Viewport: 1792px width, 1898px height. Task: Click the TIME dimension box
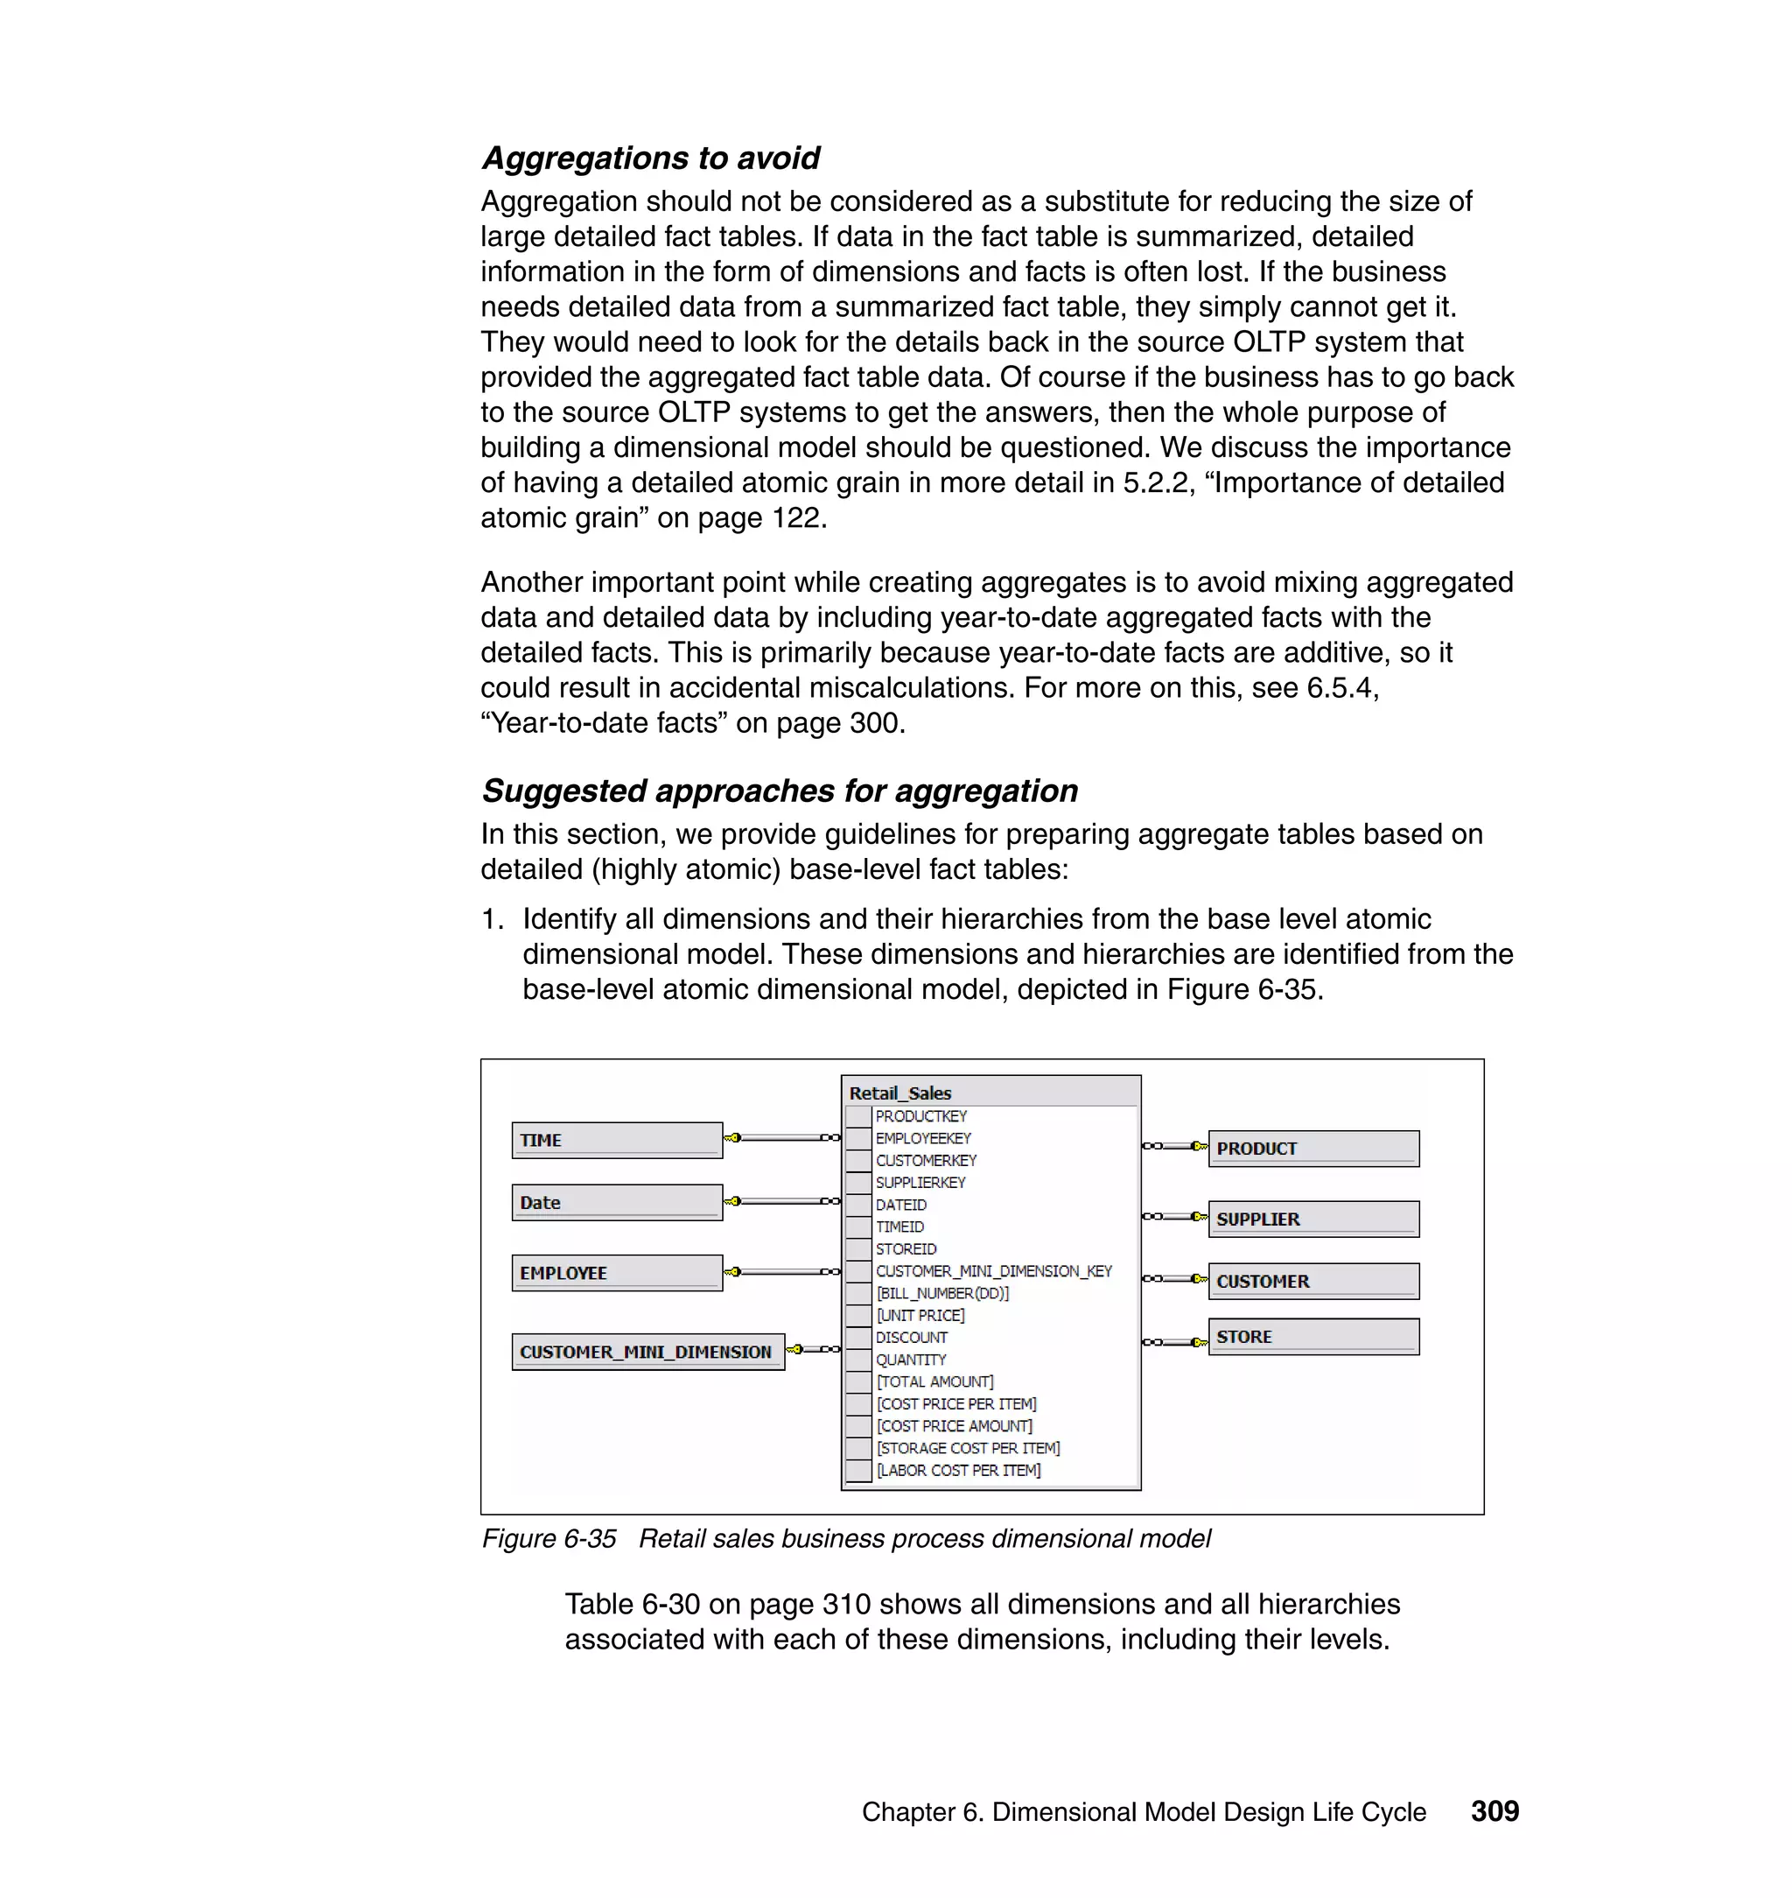coord(616,1140)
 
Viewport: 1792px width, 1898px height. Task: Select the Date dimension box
coord(616,1202)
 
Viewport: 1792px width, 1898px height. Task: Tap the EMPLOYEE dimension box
coord(616,1273)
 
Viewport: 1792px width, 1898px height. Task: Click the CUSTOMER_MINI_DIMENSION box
coord(647,1353)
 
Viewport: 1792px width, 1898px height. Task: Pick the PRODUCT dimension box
coord(1312,1149)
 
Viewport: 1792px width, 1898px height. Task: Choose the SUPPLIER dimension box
coord(1312,1220)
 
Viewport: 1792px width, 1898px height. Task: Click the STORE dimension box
coord(1312,1337)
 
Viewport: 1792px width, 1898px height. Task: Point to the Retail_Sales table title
coord(899,1093)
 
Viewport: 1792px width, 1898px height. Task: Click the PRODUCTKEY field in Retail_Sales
coord(920,1116)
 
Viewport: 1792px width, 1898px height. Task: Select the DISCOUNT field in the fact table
coord(911,1338)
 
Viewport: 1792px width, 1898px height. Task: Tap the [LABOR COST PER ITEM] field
coord(958,1471)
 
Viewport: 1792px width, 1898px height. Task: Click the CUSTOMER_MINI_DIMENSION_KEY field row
coord(993,1271)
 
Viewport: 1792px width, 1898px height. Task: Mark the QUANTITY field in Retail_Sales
coord(910,1360)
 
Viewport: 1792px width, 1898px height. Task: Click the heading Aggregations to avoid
coord(650,158)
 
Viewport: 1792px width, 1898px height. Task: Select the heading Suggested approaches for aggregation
coord(780,791)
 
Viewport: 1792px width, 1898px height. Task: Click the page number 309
coord(1494,1811)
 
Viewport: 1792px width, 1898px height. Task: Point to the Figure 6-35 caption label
coord(549,1539)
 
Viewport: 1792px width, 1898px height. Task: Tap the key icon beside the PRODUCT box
coord(1199,1146)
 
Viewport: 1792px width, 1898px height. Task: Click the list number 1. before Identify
coord(492,919)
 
